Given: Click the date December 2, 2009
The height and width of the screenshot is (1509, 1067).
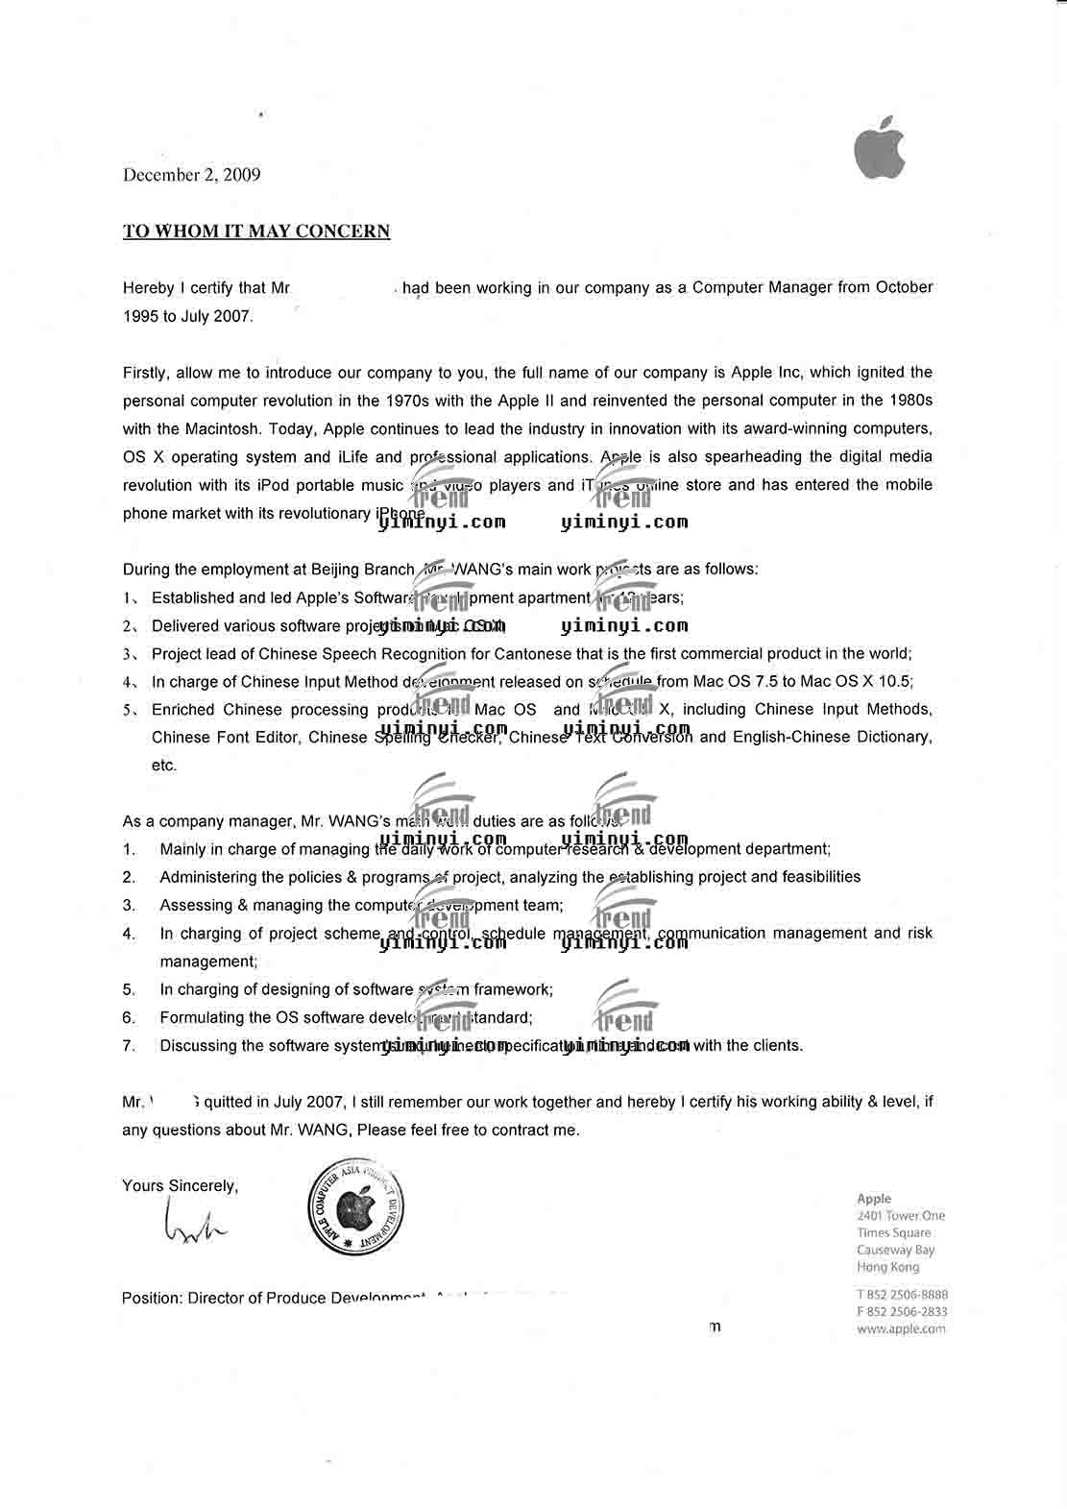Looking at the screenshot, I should tap(191, 175).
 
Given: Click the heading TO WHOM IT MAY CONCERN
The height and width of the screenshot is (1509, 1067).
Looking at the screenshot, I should tap(256, 231).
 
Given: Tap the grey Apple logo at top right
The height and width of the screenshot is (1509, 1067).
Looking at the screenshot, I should tap(880, 148).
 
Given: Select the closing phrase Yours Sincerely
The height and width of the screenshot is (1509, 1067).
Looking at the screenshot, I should tap(180, 1185).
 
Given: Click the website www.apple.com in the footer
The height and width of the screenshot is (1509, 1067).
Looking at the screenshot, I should tap(900, 1329).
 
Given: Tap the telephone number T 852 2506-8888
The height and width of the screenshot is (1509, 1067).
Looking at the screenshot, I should tap(901, 1295).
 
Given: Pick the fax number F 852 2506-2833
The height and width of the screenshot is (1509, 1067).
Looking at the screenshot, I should tap(901, 1312).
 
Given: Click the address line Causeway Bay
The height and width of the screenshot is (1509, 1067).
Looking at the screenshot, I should tap(895, 1251).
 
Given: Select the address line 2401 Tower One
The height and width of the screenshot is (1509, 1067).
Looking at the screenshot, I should tap(900, 1216).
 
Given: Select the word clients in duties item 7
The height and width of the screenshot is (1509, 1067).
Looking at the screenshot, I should tap(777, 1046).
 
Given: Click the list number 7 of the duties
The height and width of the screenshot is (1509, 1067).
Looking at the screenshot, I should tap(129, 1046).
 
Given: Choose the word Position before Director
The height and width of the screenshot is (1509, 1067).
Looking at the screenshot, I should tap(152, 1299).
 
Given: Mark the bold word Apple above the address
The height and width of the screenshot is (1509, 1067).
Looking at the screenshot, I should tap(874, 1199).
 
